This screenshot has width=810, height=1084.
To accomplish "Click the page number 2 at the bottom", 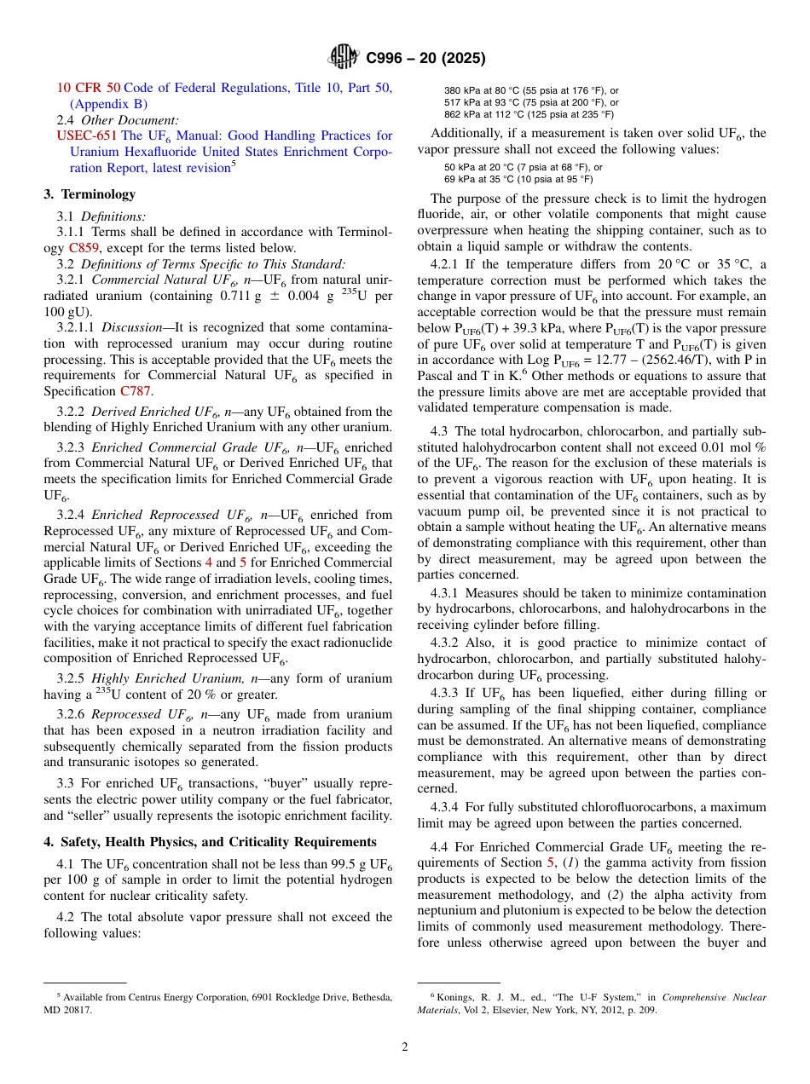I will pyautogui.click(x=405, y=1047).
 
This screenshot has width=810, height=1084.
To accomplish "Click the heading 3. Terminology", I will pyautogui.click(x=90, y=194).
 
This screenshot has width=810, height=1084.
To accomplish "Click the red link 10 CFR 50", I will pyautogui.click(x=89, y=88).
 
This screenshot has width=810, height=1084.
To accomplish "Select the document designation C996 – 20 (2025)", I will pyautogui.click(x=425, y=59).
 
